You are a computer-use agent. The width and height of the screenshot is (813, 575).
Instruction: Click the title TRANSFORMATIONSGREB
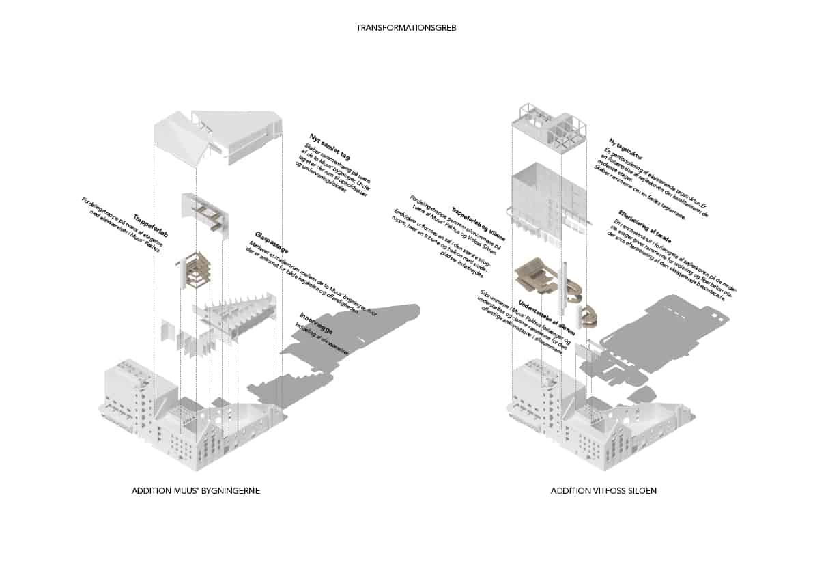[405, 28]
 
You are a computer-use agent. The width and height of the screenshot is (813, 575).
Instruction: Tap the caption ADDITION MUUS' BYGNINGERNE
[196, 491]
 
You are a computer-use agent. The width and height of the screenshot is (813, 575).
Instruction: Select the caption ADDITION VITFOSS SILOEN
[603, 491]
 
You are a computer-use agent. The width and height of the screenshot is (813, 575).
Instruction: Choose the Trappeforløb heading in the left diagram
[151, 224]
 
